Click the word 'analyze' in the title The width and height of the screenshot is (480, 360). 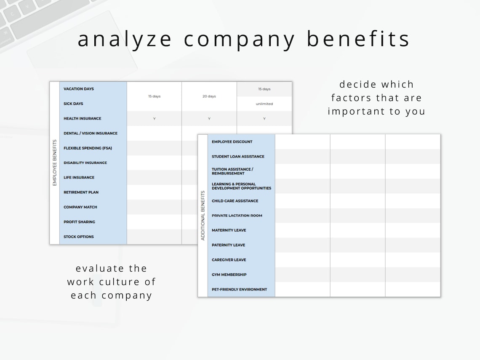pyautogui.click(x=125, y=39)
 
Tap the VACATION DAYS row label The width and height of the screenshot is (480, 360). pyautogui.click(x=79, y=89)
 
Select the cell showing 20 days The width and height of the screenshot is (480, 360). pyautogui.click(x=209, y=96)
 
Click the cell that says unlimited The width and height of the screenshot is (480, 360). pyautogui.click(x=264, y=104)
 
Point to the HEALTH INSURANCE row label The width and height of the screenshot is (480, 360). pyautogui.click(x=82, y=118)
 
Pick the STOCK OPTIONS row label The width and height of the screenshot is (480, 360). pyautogui.click(x=78, y=237)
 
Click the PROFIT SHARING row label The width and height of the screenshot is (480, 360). pyautogui.click(x=79, y=222)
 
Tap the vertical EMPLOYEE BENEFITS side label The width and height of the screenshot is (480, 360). pyautogui.click(x=55, y=163)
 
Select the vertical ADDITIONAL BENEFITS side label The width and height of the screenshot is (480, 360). pyautogui.click(x=203, y=216)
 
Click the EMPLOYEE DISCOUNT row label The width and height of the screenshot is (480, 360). pyautogui.click(x=232, y=142)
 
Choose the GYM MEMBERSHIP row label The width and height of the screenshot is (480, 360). pyautogui.click(x=229, y=275)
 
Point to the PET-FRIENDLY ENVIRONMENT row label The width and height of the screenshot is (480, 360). pyautogui.click(x=239, y=289)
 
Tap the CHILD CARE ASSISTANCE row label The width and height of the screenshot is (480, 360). pyautogui.click(x=235, y=201)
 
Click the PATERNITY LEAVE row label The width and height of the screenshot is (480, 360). pyautogui.click(x=228, y=245)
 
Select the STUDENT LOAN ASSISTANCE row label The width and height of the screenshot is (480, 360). pyautogui.click(x=238, y=157)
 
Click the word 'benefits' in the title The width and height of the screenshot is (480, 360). pyautogui.click(x=358, y=39)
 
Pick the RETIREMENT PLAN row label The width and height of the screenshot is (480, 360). pyautogui.click(x=81, y=192)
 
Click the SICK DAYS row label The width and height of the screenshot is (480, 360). pyautogui.click(x=73, y=104)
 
